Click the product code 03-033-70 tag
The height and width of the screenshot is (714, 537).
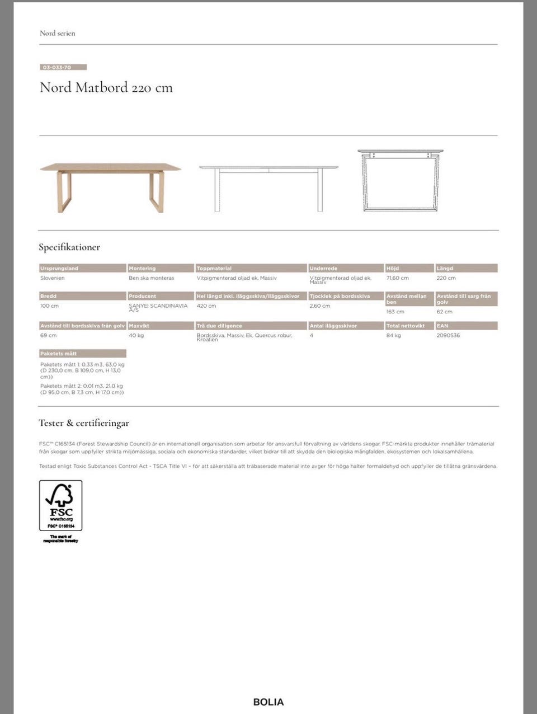pyautogui.click(x=63, y=67)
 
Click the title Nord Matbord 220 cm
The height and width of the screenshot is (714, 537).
pyautogui.click(x=106, y=88)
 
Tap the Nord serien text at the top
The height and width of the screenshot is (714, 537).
pyautogui.click(x=57, y=33)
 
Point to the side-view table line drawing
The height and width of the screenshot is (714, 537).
pyautogui.click(x=268, y=188)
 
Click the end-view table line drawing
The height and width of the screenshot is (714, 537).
pyautogui.click(x=400, y=180)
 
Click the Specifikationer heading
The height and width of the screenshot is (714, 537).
pyautogui.click(x=69, y=247)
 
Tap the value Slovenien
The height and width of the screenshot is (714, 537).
pyautogui.click(x=53, y=278)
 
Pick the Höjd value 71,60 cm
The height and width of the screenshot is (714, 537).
pyautogui.click(x=398, y=278)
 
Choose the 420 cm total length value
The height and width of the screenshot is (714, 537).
pyautogui.click(x=206, y=306)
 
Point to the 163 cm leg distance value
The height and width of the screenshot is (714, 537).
pyautogui.click(x=395, y=312)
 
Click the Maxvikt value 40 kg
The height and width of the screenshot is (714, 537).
pyautogui.click(x=136, y=336)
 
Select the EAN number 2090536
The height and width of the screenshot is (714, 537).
pyautogui.click(x=448, y=336)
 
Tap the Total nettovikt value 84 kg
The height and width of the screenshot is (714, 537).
pyautogui.click(x=394, y=336)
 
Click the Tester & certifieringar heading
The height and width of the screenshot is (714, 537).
pyautogui.click(x=84, y=423)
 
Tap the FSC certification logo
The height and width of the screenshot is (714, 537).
pyautogui.click(x=60, y=506)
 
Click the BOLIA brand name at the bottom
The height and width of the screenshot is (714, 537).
pyautogui.click(x=268, y=702)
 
